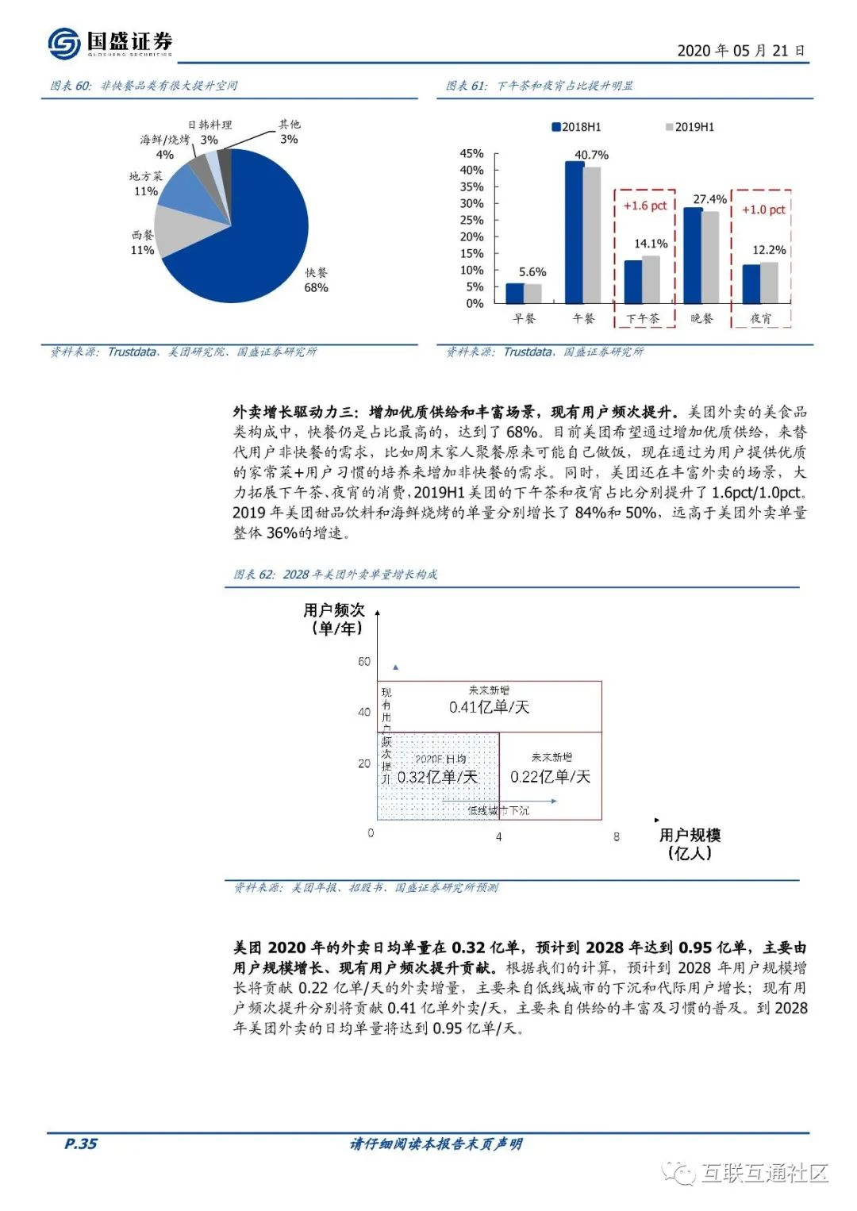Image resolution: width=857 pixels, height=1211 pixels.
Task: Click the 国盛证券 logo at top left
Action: [110, 43]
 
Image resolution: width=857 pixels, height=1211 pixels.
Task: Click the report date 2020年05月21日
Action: [740, 51]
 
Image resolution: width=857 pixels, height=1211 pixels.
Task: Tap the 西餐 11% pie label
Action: [143, 242]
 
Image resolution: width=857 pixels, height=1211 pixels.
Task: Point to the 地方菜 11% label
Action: [146, 183]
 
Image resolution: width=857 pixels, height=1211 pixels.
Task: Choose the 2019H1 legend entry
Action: [690, 127]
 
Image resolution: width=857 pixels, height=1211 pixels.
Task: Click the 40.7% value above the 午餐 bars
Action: [591, 155]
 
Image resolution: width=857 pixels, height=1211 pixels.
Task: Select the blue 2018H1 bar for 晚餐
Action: [692, 256]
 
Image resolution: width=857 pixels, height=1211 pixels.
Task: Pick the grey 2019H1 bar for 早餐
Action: [532, 294]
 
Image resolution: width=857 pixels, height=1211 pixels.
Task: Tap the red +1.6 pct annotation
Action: [644, 206]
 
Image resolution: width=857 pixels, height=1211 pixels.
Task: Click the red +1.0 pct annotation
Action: [763, 210]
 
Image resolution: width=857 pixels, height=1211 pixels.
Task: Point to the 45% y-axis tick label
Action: [471, 153]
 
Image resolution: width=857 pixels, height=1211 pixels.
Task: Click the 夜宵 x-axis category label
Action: [760, 318]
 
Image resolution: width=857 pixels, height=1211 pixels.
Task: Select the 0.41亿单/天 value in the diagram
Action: [489, 706]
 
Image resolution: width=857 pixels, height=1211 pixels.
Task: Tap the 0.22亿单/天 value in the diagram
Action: [550, 776]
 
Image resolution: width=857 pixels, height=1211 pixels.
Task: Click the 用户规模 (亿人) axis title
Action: [690, 844]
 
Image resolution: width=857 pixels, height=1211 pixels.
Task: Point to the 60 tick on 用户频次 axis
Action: [364, 661]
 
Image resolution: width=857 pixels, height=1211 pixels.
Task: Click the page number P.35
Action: [80, 1143]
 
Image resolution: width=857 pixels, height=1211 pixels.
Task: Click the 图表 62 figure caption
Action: [335, 574]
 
